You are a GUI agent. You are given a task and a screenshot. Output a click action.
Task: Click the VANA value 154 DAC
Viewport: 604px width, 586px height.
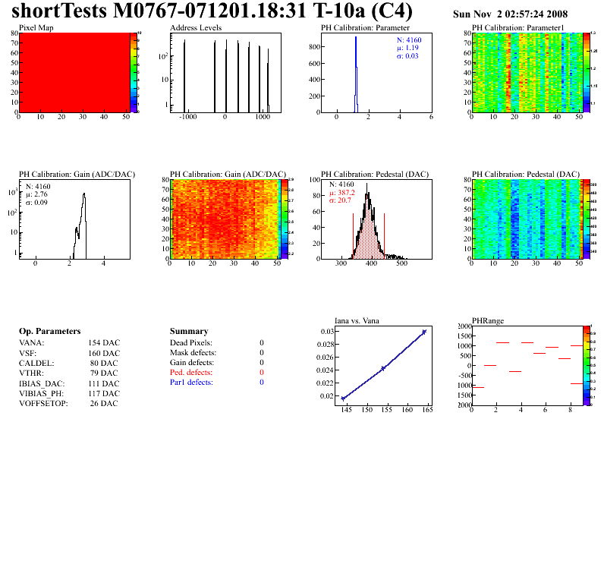103,343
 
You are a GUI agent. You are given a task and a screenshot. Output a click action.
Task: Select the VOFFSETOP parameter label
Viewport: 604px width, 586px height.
43,402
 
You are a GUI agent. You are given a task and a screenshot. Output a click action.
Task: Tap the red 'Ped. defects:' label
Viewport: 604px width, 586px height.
191,373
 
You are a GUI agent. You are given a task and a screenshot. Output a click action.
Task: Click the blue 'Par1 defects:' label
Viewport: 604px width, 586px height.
191,383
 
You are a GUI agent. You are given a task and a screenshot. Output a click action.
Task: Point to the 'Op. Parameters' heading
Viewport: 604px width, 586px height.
49,332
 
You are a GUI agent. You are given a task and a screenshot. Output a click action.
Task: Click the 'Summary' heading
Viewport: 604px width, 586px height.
189,332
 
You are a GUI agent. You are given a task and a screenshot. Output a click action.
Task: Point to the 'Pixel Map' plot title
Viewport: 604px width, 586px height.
36,28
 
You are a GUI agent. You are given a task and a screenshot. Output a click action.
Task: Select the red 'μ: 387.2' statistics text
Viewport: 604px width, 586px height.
343,192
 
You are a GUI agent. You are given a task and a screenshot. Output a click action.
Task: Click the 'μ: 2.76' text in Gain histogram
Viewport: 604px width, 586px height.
39,194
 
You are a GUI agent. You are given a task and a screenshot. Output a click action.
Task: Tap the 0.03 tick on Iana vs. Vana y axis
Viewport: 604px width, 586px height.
326,332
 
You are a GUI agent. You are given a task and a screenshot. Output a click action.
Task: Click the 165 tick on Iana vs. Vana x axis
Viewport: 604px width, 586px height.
426,410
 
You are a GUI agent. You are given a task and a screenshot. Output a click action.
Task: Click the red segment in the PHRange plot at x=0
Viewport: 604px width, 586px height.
478,387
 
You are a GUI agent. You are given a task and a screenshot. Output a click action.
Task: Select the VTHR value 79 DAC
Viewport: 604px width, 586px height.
103,373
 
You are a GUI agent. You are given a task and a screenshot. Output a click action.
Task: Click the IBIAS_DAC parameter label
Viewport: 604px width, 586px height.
42,383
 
